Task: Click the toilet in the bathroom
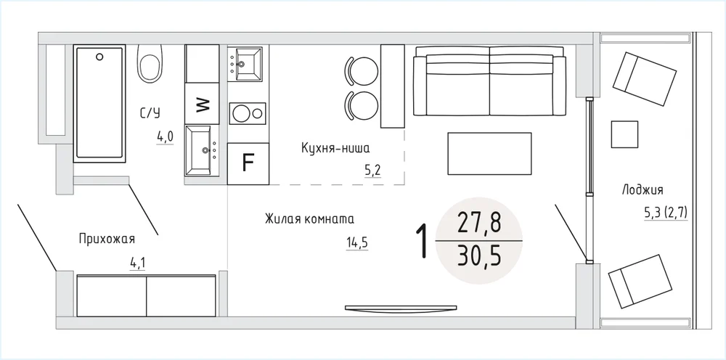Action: click(150, 63)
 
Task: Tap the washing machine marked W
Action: click(202, 104)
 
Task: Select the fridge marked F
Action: click(248, 164)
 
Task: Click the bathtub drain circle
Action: click(99, 57)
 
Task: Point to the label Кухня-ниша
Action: click(335, 149)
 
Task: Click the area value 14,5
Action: click(357, 242)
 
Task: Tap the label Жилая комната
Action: click(310, 219)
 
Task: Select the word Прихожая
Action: click(107, 240)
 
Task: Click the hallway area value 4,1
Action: click(137, 263)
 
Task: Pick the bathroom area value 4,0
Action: click(165, 136)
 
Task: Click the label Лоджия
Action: click(643, 189)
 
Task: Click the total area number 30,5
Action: click(479, 257)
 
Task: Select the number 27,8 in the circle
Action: click(479, 223)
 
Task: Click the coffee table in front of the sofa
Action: click(489, 154)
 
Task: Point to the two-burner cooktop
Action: click(248, 114)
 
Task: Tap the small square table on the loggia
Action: click(624, 134)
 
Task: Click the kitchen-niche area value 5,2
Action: click(372, 171)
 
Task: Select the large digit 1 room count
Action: click(422, 241)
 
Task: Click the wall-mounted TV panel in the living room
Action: click(401, 308)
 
